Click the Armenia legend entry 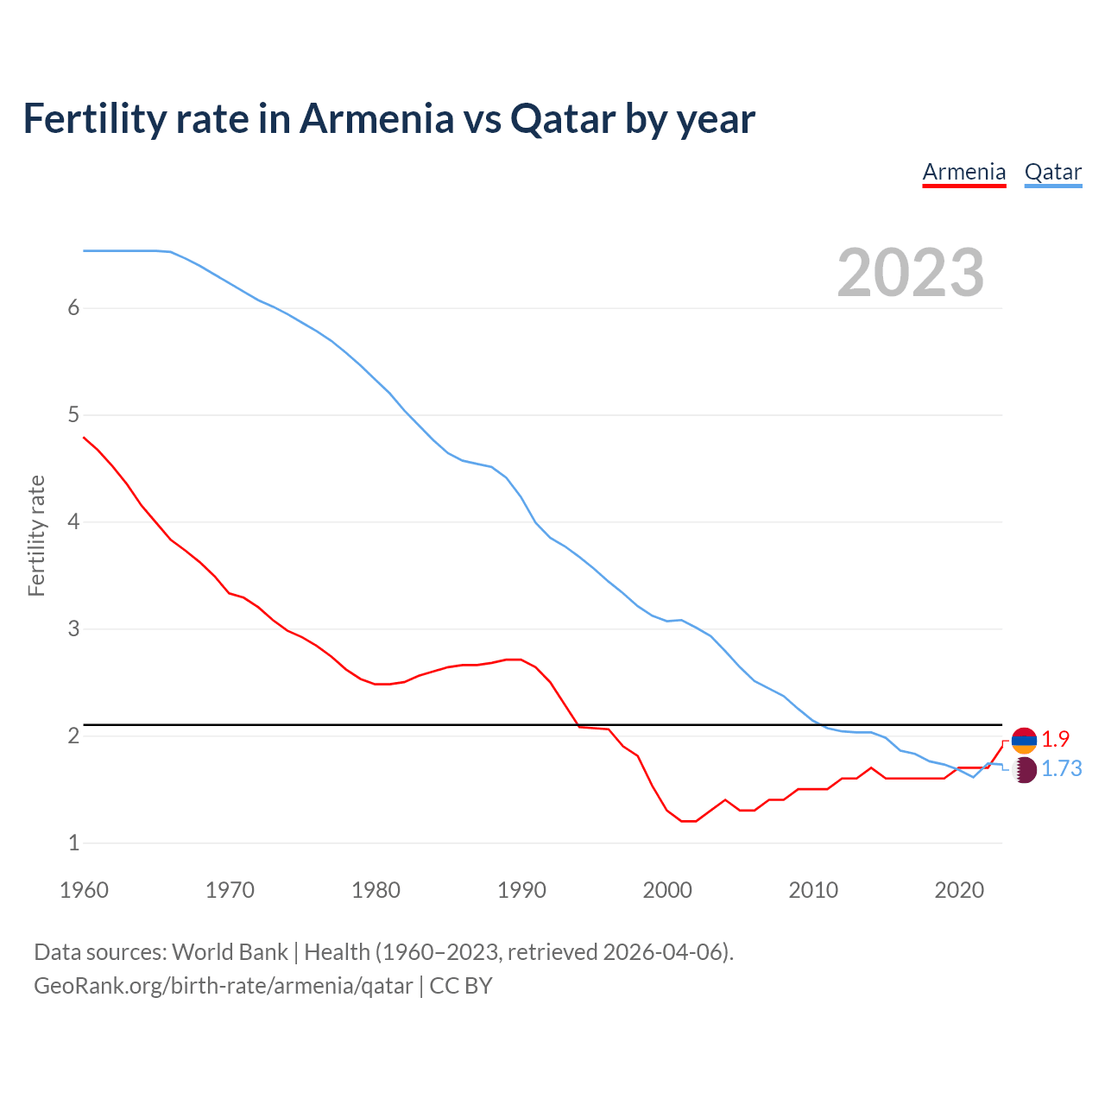(963, 172)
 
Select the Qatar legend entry (1052, 172)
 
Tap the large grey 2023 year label (910, 273)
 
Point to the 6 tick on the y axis (73, 308)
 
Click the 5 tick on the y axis (73, 415)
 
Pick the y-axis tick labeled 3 (73, 629)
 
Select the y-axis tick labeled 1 (73, 843)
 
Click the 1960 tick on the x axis (84, 890)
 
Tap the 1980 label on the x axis (376, 890)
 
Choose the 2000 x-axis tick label (667, 890)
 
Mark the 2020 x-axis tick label (959, 890)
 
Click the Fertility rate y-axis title (36, 535)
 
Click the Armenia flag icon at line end (1024, 740)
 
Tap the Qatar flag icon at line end (1024, 769)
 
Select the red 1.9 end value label (1055, 740)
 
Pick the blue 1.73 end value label (1061, 769)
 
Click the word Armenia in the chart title (376, 118)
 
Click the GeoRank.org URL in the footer (223, 986)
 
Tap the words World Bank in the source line (230, 952)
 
